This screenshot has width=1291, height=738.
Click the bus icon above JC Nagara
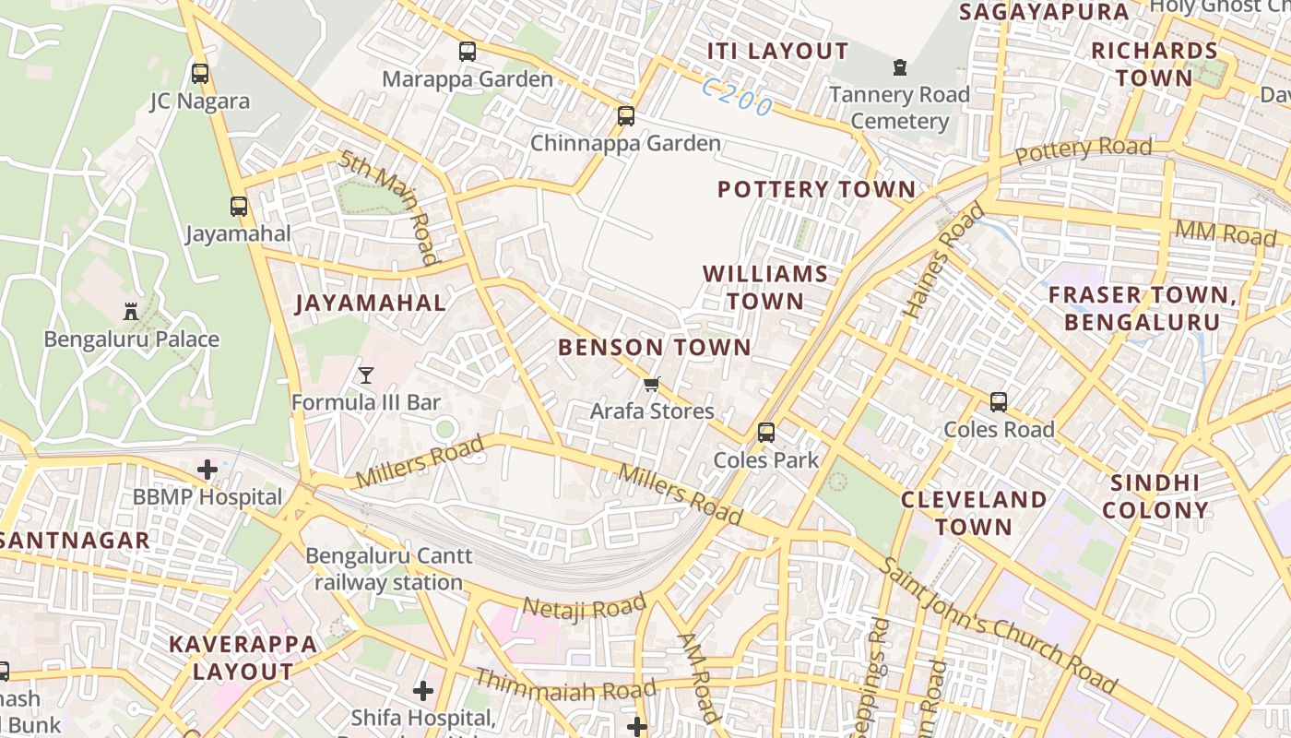coord(200,73)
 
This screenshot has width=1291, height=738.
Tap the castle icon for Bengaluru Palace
coord(131,311)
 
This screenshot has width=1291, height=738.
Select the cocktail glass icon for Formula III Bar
coord(366,375)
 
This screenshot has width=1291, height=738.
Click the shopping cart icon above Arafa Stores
coord(652,384)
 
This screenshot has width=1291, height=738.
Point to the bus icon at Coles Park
coord(765,432)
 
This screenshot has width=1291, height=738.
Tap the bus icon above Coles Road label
coord(999,401)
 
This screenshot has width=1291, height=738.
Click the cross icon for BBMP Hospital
coord(207,470)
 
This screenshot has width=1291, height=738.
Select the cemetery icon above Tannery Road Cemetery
coord(899,66)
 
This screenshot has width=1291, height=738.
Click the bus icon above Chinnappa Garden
coord(626,115)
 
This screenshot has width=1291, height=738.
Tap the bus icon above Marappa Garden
coord(468,52)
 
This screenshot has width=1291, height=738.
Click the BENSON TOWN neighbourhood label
coord(655,348)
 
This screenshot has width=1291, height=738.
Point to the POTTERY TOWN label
coord(816,190)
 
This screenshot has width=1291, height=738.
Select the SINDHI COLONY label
coord(1155,496)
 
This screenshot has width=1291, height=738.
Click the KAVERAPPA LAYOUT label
coord(243,657)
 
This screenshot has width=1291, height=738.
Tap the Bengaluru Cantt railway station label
coord(389,569)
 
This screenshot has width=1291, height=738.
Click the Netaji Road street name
coord(585,607)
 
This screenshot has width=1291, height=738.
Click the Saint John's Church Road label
coord(996,625)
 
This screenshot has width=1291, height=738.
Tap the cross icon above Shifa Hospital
coord(423,690)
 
